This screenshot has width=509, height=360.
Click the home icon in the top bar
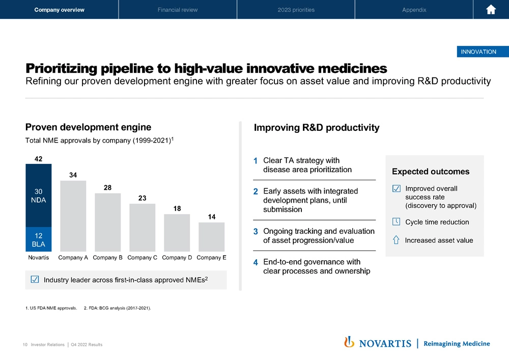(491, 10)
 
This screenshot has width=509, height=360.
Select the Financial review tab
(178, 10)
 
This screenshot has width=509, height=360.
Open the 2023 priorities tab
(296, 10)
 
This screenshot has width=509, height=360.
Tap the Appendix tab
(414, 10)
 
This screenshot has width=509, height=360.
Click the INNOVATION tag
(478, 51)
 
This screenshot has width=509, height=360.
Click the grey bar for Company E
(211, 236)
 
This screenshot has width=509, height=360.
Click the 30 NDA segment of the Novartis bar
(39, 196)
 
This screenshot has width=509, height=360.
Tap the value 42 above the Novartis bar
(38, 158)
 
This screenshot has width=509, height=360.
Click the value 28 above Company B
(107, 188)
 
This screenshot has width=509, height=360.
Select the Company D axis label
(177, 258)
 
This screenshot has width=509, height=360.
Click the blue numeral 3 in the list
(256, 232)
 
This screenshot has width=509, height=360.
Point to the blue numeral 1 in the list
(256, 161)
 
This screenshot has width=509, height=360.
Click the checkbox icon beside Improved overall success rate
(397, 188)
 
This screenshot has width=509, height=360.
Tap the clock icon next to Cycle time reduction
(397, 221)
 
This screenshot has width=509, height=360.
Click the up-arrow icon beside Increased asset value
(396, 240)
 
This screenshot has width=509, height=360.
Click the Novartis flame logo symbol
(349, 342)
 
